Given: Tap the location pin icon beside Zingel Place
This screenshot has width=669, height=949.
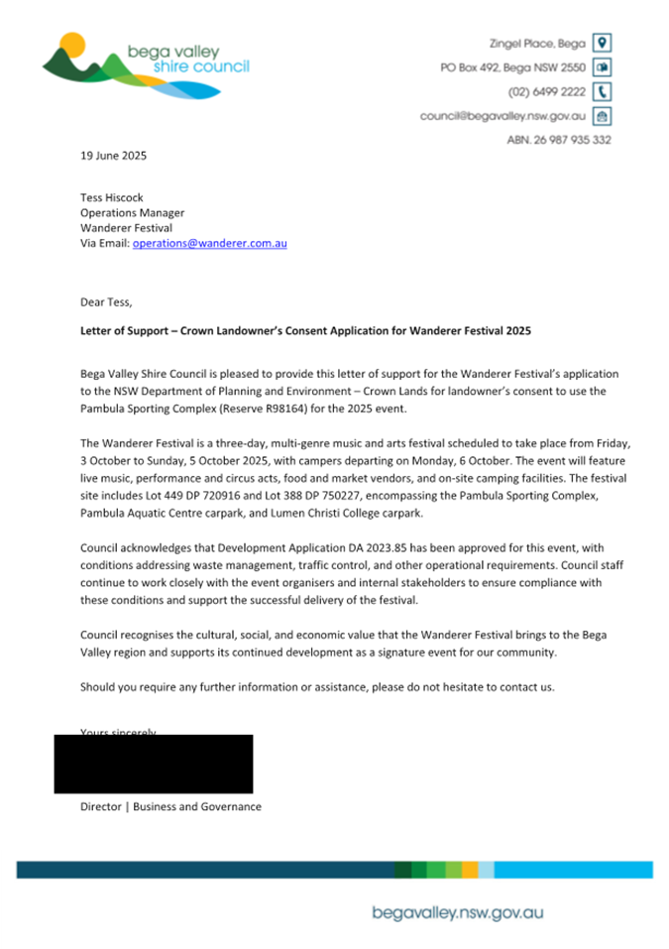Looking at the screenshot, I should [x=601, y=43].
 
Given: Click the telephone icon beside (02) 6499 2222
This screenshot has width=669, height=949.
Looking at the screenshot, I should [x=601, y=91].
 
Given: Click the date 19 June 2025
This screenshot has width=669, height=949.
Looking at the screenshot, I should [x=113, y=156].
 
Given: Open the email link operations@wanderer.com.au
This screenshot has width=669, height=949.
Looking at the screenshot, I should [x=209, y=243].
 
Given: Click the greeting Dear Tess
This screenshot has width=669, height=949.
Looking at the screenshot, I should [x=106, y=301].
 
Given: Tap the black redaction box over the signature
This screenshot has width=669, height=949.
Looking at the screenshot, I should [x=154, y=764].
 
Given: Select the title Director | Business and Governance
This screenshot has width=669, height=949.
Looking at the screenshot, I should [x=170, y=807].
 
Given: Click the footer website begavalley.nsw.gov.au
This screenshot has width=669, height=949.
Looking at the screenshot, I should [x=457, y=912].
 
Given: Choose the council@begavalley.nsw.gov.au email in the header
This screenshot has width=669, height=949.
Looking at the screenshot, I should [x=502, y=116].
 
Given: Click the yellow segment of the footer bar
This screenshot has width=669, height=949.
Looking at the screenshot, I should [x=470, y=870].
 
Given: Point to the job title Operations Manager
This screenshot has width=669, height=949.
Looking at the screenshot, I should [x=132, y=212].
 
